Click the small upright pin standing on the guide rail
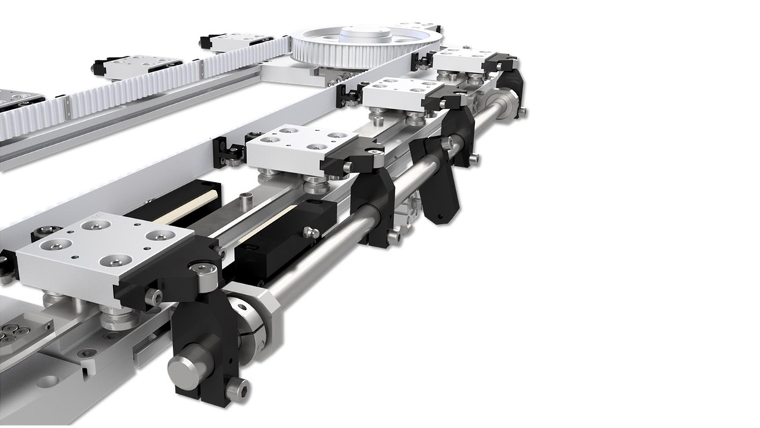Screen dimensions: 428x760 coord(246,199)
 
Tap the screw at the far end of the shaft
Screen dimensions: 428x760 coord(523,111)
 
